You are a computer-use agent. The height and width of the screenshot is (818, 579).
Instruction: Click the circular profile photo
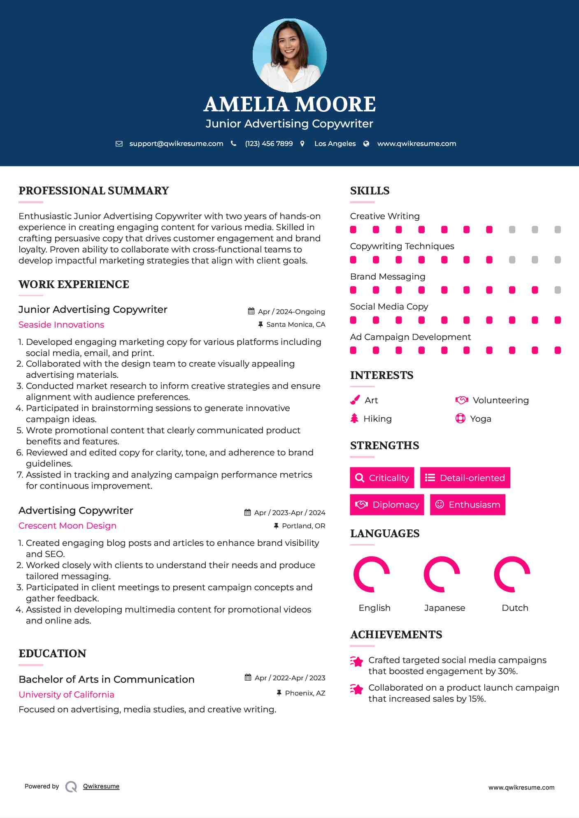point(289,55)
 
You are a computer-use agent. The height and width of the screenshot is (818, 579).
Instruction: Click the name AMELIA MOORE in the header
point(289,104)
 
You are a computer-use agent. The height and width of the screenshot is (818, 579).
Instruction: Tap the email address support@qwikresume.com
point(176,143)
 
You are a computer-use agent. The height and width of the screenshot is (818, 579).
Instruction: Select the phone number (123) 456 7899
point(269,143)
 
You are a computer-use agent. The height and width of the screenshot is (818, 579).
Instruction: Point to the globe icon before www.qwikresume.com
point(366,143)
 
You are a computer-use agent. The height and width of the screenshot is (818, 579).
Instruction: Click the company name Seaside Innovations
point(61,325)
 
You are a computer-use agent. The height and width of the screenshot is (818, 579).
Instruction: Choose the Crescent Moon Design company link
point(67,526)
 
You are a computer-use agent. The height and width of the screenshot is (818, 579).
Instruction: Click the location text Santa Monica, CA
point(295,324)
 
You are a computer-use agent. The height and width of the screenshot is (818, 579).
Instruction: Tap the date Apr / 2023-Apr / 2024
point(289,513)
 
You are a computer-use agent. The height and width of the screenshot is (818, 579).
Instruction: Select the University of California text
point(66,695)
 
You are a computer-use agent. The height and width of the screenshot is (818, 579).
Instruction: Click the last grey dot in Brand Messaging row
point(558,290)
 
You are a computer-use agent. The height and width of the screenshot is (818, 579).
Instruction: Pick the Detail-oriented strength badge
point(465,478)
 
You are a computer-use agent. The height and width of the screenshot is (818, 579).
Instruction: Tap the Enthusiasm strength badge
point(467,504)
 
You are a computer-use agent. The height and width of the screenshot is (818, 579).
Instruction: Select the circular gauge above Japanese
point(442,574)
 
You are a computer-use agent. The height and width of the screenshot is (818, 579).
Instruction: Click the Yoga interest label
point(480,419)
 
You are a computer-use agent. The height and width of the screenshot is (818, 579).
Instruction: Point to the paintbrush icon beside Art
point(355,400)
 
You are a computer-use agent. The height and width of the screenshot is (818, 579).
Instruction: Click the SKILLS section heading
point(370,191)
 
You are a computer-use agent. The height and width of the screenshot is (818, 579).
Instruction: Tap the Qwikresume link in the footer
point(101,786)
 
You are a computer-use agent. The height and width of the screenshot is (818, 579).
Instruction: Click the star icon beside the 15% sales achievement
point(357,689)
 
